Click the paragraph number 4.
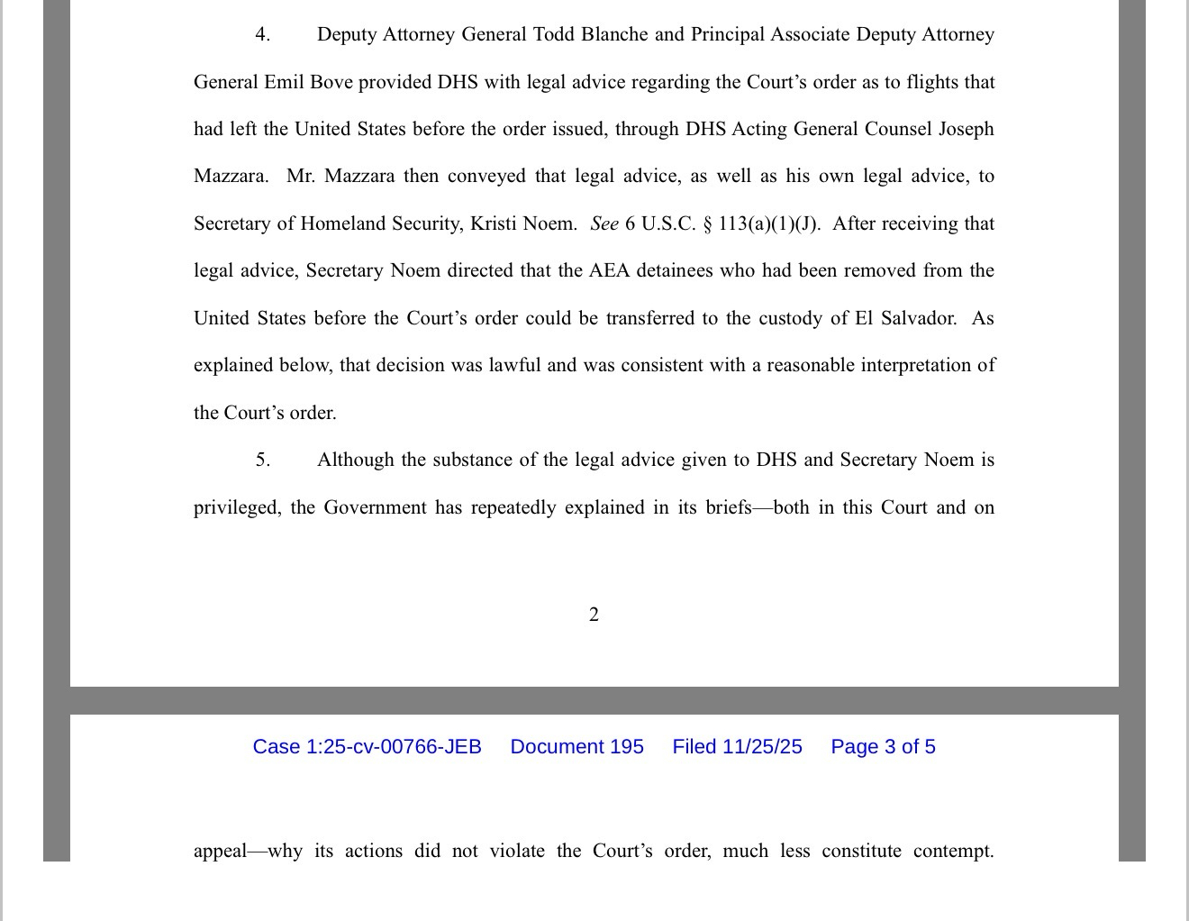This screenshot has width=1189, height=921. (x=262, y=35)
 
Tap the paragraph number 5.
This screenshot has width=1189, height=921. (x=262, y=460)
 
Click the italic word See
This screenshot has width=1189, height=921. (x=604, y=223)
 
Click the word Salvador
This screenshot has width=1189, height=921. (x=916, y=318)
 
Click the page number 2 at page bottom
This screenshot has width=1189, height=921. (x=594, y=615)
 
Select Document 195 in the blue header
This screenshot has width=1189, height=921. (x=576, y=747)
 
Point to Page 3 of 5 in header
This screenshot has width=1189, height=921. (x=883, y=747)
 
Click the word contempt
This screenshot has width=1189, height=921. (x=952, y=852)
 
